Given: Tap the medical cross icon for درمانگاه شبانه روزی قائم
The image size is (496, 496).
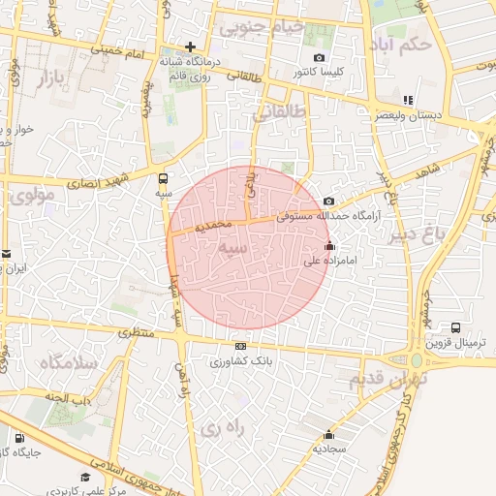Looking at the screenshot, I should [x=191, y=46].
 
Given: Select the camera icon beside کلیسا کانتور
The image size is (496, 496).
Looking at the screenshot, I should [x=292, y=73].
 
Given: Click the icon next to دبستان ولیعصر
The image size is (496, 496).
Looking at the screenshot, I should [x=408, y=99].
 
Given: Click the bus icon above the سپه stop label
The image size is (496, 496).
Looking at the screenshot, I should [x=163, y=178].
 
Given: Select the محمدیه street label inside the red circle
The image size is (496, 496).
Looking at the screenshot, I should [x=214, y=225].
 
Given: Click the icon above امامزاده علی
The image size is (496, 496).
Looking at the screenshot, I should [x=330, y=245].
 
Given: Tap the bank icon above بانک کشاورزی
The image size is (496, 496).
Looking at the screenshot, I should [x=240, y=346].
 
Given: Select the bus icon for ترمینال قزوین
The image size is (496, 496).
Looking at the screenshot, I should [x=455, y=328].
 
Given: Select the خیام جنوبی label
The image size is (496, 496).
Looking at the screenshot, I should [x=262, y=28].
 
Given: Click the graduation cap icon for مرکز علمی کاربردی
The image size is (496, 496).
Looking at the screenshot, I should [x=86, y=477].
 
